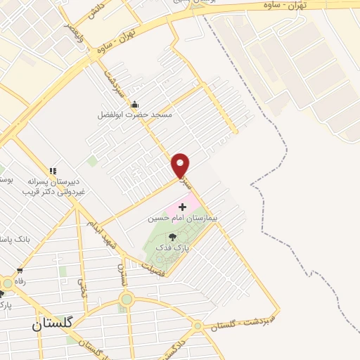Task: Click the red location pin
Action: tap(181, 165)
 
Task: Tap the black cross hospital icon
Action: tap(183, 207)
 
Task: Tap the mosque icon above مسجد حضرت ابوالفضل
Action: tap(135, 104)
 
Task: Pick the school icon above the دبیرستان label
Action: tap(53, 170)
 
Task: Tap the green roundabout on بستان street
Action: tap(126, 300)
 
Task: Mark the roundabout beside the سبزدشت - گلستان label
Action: tap(198, 326)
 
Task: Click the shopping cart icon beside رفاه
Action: tap(20, 270)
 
